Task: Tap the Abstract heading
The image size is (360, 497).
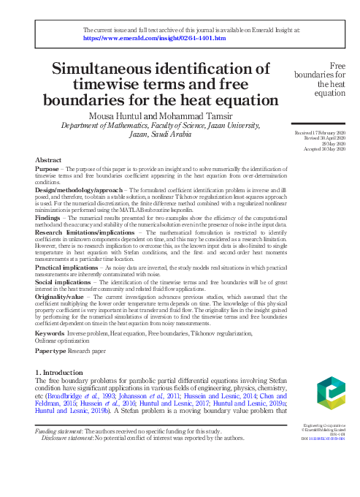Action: (49, 159)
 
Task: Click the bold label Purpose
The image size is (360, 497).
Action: (47, 168)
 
